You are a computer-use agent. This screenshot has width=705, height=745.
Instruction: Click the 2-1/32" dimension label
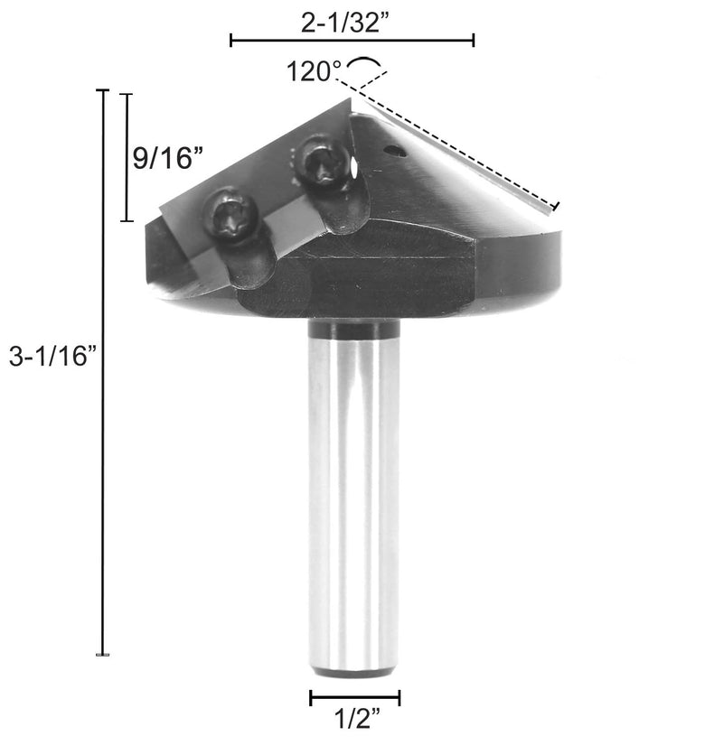349,22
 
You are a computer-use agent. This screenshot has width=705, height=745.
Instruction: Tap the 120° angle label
314,71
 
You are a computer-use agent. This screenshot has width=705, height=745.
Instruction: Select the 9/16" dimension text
168,158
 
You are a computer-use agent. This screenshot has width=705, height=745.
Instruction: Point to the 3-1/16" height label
52,356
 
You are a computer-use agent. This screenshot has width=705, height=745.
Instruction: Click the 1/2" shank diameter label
358,718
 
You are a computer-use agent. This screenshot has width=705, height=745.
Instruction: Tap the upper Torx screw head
321,160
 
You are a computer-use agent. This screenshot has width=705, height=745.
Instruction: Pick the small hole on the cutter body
395,152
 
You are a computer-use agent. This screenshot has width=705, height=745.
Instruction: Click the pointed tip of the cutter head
351,98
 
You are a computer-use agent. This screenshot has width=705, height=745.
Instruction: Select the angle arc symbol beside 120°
364,60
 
